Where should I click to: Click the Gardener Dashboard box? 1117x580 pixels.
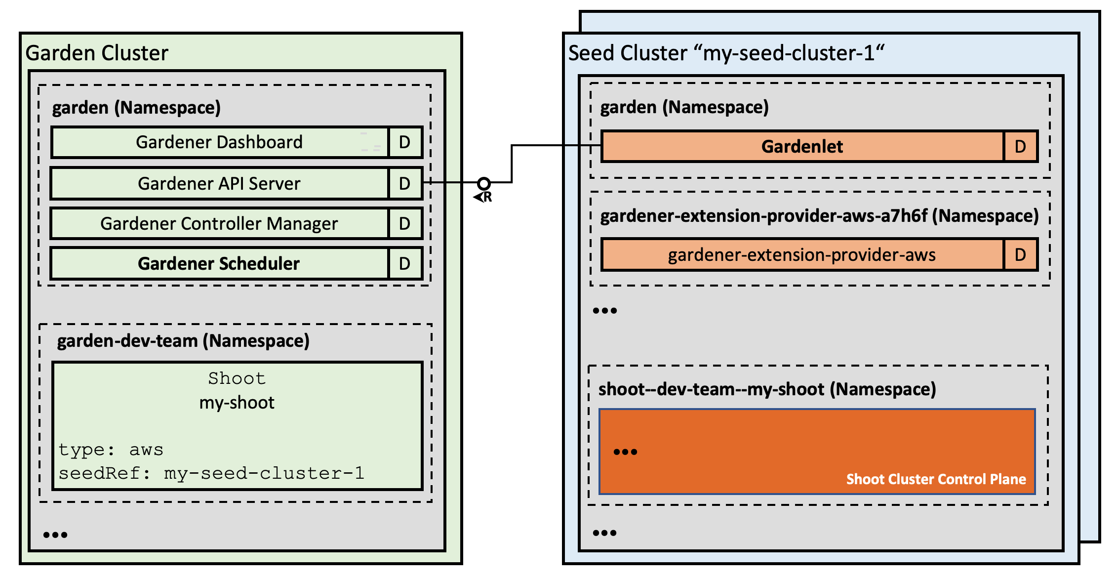(x=219, y=142)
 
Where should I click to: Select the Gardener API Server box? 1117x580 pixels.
(x=219, y=184)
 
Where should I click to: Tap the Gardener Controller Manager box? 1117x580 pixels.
(x=219, y=224)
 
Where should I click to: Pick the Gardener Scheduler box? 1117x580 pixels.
(x=219, y=264)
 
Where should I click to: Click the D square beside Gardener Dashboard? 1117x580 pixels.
(x=405, y=142)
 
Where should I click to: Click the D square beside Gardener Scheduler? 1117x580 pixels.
(x=405, y=264)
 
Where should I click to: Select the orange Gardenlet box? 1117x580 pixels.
(x=802, y=147)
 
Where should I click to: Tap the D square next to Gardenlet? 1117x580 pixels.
(x=1020, y=147)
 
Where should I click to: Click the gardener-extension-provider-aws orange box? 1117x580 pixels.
(x=802, y=255)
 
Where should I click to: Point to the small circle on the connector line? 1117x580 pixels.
(x=484, y=184)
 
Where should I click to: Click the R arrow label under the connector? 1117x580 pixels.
(x=483, y=197)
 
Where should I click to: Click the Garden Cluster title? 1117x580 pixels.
(x=97, y=53)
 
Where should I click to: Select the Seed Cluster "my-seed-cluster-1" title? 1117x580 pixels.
(x=726, y=53)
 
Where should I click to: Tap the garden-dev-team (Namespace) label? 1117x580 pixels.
(x=183, y=341)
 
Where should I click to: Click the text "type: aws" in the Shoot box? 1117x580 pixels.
(x=111, y=450)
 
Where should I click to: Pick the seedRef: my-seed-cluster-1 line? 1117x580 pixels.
(x=211, y=473)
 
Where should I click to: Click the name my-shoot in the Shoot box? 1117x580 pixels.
(x=237, y=403)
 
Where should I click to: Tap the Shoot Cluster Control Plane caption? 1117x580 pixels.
(x=936, y=479)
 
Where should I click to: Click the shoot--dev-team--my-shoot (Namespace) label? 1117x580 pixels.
(x=767, y=389)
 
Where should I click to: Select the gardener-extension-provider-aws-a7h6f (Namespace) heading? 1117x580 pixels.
(x=819, y=216)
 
